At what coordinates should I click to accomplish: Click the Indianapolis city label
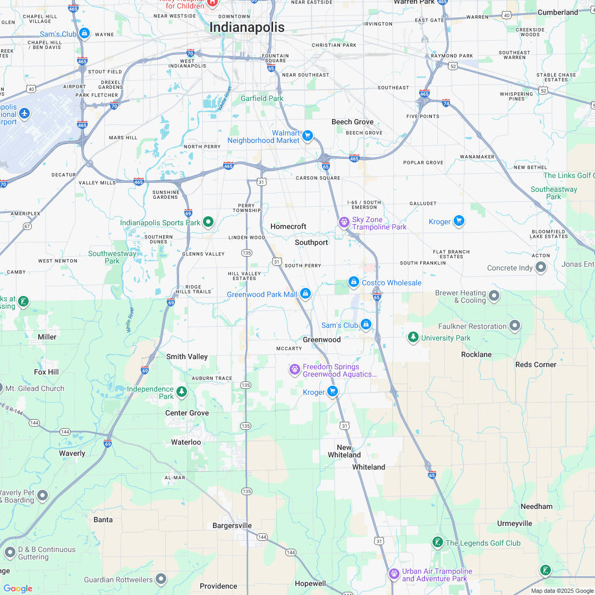(247, 27)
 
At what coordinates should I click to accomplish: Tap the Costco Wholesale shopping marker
(354, 282)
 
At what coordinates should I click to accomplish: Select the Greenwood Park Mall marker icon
(305, 293)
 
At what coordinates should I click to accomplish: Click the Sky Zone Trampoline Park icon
(344, 222)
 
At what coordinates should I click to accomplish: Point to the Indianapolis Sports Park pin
(208, 222)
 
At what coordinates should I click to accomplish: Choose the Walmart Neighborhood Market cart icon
(307, 136)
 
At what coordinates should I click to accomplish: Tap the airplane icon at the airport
(24, 113)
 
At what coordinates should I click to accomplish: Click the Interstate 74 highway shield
(446, 103)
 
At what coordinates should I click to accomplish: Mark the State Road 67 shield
(27, 226)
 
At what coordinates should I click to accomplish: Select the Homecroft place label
(288, 226)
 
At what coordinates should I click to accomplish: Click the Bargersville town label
(232, 525)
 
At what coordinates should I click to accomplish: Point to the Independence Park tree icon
(182, 392)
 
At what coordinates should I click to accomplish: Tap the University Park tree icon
(413, 337)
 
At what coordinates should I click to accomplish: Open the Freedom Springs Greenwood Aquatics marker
(295, 369)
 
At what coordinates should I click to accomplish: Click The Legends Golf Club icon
(437, 542)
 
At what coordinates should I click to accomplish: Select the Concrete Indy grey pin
(541, 267)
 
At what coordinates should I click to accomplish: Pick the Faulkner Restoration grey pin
(515, 325)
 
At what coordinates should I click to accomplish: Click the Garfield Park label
(262, 98)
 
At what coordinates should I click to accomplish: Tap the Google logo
(18, 588)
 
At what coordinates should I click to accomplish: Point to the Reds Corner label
(535, 364)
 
